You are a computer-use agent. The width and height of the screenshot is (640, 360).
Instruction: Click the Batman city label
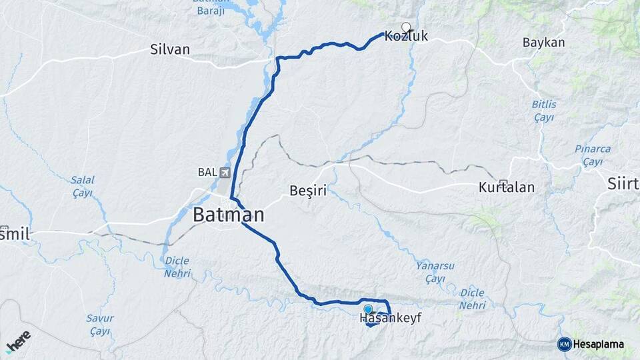click(x=228, y=215)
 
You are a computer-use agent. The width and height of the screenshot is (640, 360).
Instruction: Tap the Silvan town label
click(x=170, y=49)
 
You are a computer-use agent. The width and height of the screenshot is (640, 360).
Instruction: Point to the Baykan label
click(x=543, y=43)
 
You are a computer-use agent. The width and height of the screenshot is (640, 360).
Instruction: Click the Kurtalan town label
click(x=507, y=187)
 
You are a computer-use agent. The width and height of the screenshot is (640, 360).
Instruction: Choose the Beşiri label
click(x=308, y=191)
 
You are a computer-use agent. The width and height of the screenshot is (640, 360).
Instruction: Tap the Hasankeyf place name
click(x=391, y=319)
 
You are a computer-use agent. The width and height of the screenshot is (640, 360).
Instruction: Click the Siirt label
click(x=624, y=184)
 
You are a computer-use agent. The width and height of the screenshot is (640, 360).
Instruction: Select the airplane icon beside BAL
click(x=225, y=173)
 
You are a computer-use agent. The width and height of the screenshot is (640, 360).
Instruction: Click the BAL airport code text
click(x=207, y=172)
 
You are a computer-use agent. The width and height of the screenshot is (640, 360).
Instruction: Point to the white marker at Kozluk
click(x=406, y=27)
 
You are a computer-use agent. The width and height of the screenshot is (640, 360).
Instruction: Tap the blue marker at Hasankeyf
click(x=367, y=309)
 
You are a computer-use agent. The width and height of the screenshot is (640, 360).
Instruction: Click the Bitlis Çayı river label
click(x=544, y=111)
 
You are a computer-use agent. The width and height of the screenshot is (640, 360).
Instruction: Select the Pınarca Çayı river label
click(x=592, y=155)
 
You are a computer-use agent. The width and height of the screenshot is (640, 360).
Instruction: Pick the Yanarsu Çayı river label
click(x=435, y=271)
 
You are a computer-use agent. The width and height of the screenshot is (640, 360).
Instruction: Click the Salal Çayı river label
click(x=83, y=186)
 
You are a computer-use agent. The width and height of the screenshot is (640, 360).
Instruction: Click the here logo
click(x=18, y=341)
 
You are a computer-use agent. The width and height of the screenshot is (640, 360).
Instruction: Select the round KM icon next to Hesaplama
click(x=564, y=344)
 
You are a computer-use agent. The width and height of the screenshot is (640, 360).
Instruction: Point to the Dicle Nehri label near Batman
click(x=177, y=267)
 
